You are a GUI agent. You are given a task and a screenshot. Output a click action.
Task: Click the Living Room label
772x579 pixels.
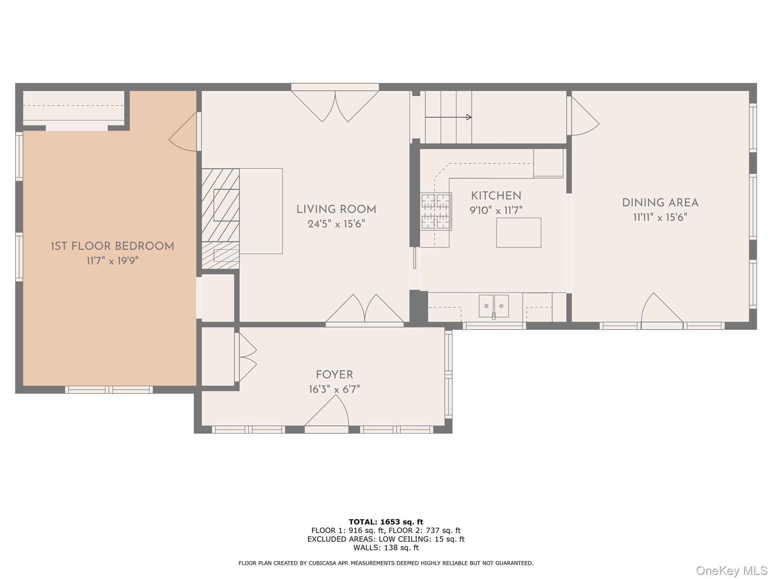[336, 210]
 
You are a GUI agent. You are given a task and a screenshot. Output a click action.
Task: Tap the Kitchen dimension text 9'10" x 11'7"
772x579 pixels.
[496, 210]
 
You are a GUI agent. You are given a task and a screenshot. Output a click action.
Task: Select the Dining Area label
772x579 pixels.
[660, 203]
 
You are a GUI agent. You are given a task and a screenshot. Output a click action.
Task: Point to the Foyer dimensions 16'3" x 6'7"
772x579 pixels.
[334, 389]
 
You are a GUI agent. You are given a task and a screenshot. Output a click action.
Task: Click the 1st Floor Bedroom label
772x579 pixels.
[112, 247]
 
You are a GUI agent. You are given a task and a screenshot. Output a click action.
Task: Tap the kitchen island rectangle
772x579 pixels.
[518, 233]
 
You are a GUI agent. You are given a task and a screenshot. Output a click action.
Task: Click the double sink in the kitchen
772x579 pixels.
[493, 306]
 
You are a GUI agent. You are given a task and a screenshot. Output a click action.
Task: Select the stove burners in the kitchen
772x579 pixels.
[435, 211]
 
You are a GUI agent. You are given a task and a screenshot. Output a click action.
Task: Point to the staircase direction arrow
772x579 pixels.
[448, 117]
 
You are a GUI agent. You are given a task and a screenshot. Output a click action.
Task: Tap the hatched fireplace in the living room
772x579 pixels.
[221, 219]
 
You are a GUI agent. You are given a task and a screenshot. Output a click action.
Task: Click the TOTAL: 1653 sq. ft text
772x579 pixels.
[386, 522]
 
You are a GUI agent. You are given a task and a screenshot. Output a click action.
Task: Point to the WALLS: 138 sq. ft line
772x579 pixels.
[386, 548]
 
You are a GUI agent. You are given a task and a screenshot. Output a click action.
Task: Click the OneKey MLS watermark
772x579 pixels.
[731, 570]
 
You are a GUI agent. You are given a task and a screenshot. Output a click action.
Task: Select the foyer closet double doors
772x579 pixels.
[246, 357]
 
